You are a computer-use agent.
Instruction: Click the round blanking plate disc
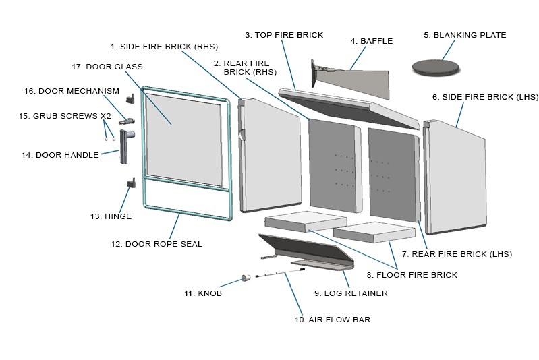click(435, 66)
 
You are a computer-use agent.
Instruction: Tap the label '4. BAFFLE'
click(371, 41)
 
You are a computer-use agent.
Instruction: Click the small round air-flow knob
click(247, 278)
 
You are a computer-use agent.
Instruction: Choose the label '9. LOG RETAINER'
click(351, 293)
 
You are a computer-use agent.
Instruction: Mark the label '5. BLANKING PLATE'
click(465, 35)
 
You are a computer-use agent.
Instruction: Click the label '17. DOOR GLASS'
click(107, 66)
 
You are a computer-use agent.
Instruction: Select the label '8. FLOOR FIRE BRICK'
click(412, 274)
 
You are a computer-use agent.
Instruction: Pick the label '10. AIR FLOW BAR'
click(332, 319)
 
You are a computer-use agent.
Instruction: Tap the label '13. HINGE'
click(111, 216)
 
